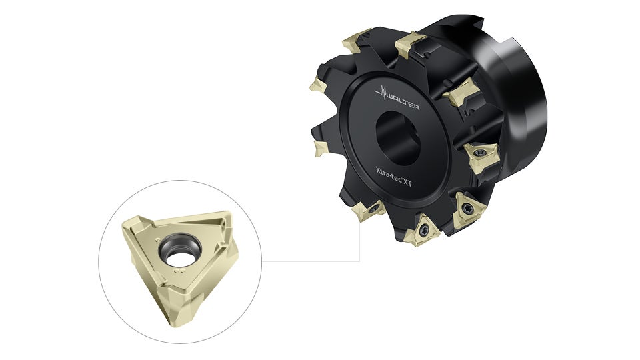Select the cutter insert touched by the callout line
(x=371, y=210)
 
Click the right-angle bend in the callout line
(x=360, y=261)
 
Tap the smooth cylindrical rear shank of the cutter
(x=527, y=100)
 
